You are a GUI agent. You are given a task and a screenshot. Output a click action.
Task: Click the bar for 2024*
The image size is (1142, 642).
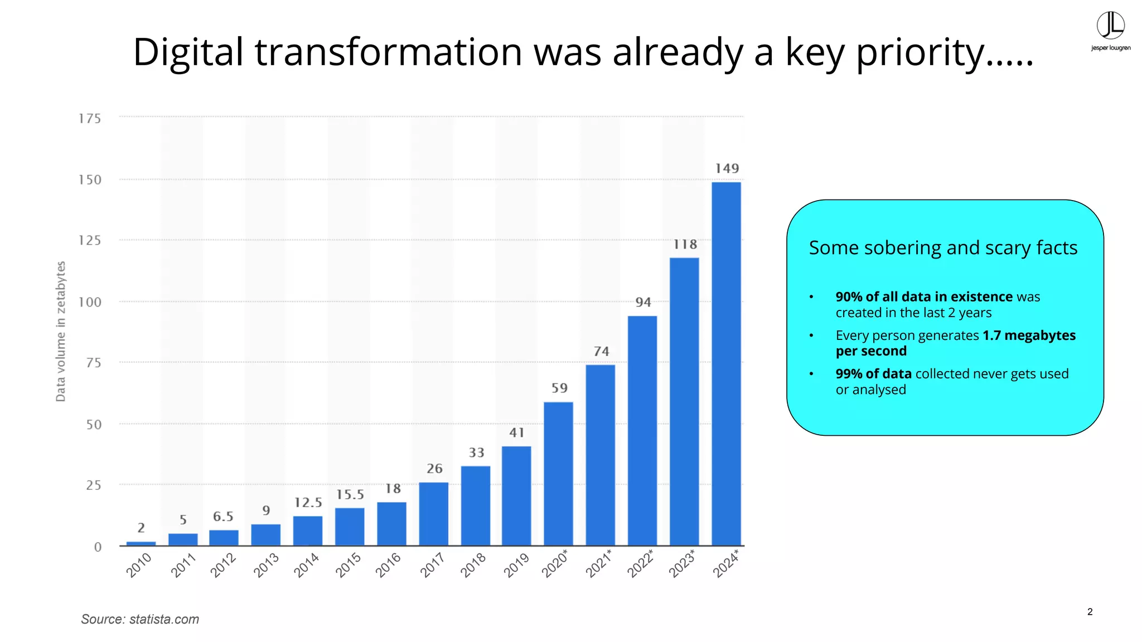click(726, 363)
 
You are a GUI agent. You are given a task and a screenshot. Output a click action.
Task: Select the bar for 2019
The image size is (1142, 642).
click(516, 495)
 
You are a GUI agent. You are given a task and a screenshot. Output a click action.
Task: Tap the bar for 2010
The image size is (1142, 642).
click(141, 543)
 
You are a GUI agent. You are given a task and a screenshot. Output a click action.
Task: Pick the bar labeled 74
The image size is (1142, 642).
click(601, 455)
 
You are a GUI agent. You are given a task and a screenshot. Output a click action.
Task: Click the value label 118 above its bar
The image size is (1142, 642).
click(685, 245)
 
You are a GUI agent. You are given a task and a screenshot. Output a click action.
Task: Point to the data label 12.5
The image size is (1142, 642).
click(308, 503)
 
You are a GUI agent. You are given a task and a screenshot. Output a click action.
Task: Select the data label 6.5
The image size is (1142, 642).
click(223, 517)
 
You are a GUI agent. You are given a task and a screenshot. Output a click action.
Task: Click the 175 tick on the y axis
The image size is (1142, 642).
click(90, 119)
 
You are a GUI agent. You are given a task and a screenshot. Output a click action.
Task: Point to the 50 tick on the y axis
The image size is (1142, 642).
click(94, 425)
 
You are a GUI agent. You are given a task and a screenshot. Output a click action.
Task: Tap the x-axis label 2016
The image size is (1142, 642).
click(388, 565)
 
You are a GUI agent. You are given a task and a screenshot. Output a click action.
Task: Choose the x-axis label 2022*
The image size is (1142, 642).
click(640, 563)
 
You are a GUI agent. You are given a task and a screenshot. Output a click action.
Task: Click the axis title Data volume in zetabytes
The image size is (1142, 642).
click(61, 331)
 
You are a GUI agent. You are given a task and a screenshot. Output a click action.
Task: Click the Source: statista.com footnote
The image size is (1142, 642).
click(140, 619)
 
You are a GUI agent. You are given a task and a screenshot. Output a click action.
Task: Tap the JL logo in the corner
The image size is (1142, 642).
click(1110, 27)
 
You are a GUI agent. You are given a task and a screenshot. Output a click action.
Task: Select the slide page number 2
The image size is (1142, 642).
click(1090, 612)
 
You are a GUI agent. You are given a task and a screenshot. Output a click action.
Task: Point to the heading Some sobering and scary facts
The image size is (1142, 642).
click(943, 247)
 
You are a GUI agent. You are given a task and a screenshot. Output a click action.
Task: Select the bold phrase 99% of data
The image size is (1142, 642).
click(873, 374)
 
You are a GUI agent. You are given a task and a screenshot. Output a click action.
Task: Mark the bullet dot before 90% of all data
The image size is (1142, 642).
click(811, 297)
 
